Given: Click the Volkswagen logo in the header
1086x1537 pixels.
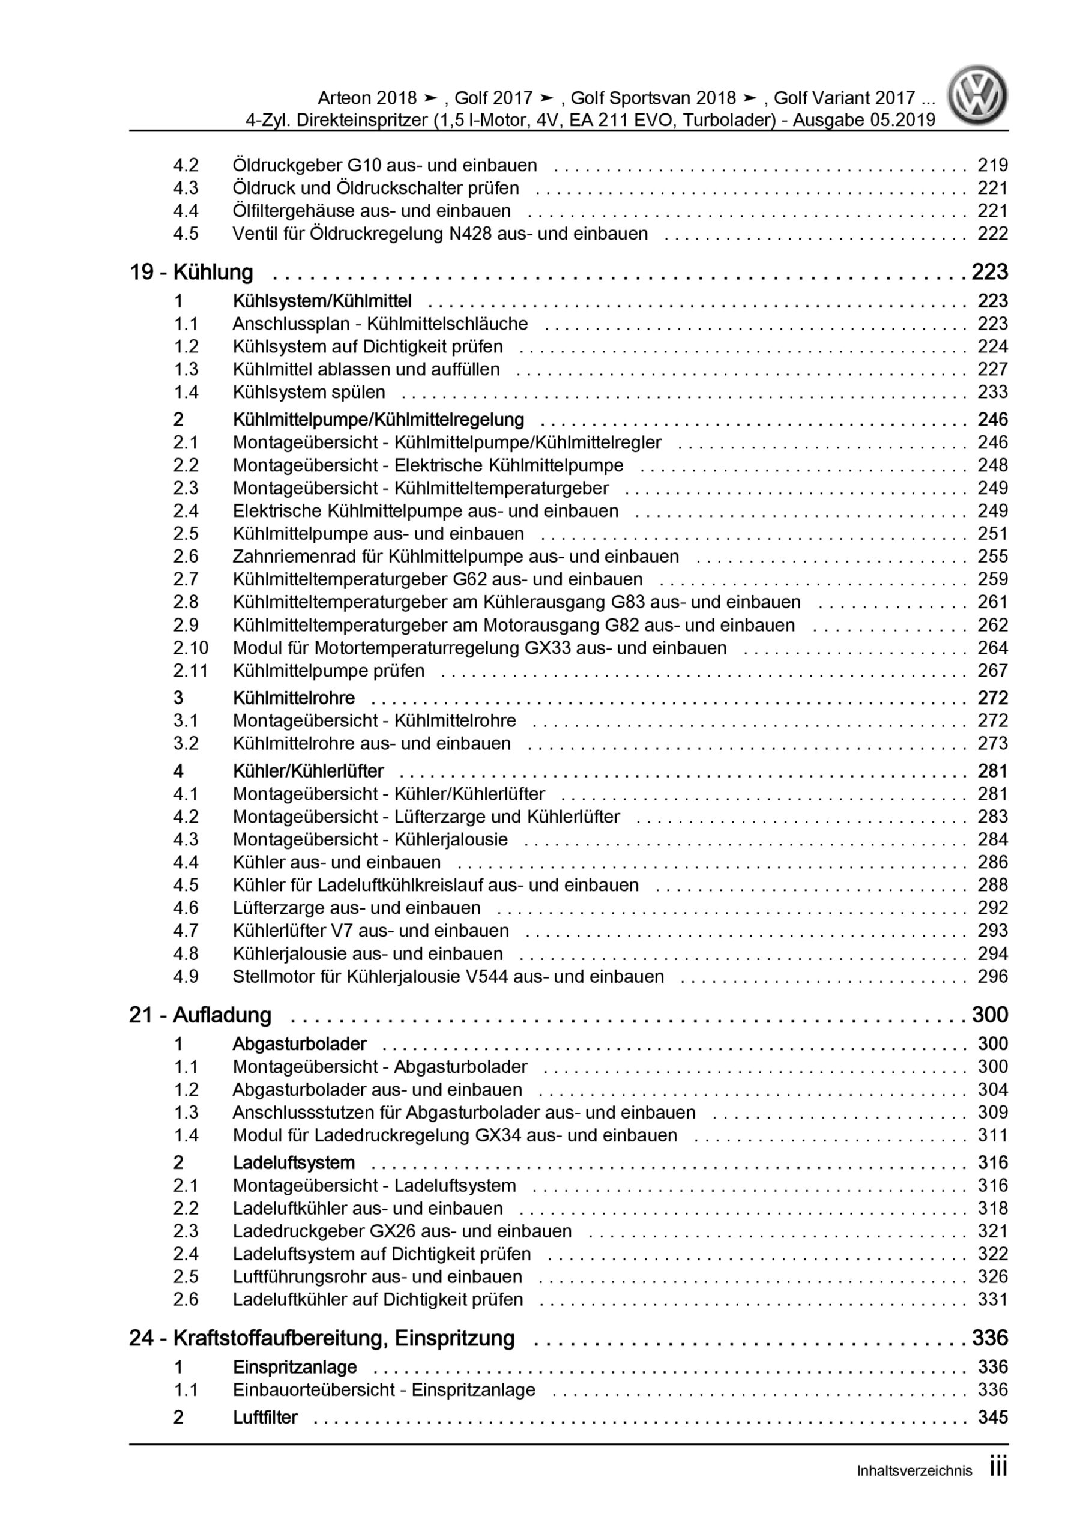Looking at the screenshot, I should (x=977, y=95).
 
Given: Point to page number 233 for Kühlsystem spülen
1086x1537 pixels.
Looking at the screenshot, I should (x=992, y=392).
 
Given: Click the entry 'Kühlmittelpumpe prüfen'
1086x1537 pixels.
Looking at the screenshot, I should (x=328, y=671).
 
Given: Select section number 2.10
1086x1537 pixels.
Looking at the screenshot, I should (x=190, y=648).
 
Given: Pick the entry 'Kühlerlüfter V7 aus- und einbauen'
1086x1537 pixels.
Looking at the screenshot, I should (x=370, y=931).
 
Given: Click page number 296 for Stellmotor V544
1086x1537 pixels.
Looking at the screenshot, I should (x=992, y=977).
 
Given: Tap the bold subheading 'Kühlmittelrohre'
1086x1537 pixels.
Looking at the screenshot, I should (x=293, y=698).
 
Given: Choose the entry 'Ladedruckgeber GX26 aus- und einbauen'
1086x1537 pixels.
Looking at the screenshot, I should (x=402, y=1231).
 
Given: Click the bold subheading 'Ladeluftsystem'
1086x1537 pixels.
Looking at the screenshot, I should (x=293, y=1163).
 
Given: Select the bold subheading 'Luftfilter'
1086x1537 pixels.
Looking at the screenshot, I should (x=265, y=1417).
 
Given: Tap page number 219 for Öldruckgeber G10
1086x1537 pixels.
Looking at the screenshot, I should (x=992, y=165).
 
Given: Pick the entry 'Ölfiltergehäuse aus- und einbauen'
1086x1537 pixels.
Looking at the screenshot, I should (x=372, y=211).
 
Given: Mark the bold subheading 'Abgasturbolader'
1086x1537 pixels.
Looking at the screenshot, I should (x=300, y=1044).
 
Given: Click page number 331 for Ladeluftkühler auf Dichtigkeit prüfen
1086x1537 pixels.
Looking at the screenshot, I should (x=992, y=1299).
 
